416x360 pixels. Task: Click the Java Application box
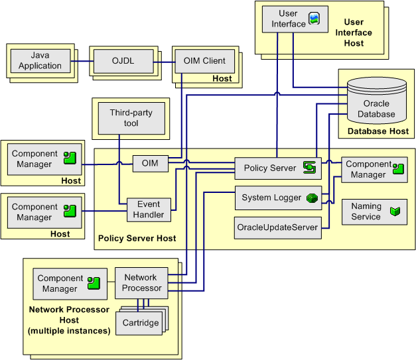point(40,60)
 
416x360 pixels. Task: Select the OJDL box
point(123,61)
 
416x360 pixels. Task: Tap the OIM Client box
point(204,61)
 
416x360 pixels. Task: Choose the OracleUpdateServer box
point(277,227)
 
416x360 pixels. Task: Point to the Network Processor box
point(142,283)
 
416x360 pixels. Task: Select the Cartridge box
point(140,323)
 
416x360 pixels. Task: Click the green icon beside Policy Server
point(309,167)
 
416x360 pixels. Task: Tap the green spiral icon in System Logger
point(313,198)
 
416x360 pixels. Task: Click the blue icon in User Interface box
point(314,19)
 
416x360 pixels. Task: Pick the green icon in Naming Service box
point(395,211)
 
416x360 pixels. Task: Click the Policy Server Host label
point(137,237)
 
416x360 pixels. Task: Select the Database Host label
point(378,131)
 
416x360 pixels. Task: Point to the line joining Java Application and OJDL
point(80,61)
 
